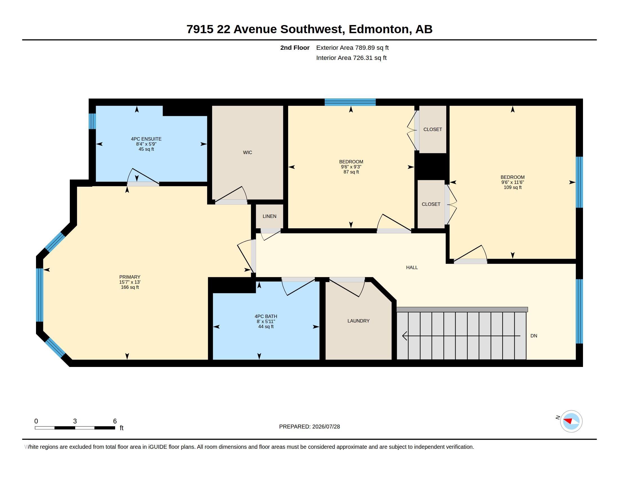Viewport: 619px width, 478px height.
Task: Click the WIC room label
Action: (x=247, y=152)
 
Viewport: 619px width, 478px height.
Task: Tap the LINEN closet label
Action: (x=269, y=216)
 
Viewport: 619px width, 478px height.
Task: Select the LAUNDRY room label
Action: (x=358, y=321)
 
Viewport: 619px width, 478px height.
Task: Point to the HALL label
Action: (x=412, y=267)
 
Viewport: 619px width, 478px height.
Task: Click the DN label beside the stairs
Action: (x=534, y=336)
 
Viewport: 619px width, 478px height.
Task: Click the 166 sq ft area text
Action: (x=130, y=287)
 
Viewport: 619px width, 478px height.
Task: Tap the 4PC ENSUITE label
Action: (x=146, y=139)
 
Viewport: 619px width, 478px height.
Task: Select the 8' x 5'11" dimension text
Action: (x=266, y=321)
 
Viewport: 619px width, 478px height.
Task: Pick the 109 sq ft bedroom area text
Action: (x=512, y=187)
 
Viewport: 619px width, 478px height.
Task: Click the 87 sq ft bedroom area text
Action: (x=351, y=172)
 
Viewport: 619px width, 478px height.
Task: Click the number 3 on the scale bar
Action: (x=75, y=421)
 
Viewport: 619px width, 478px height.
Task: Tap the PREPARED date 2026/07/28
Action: (x=326, y=427)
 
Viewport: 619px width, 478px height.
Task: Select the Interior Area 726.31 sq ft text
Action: (x=351, y=58)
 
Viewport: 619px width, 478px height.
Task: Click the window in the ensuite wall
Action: (x=92, y=121)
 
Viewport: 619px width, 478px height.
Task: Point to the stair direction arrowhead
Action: (x=405, y=336)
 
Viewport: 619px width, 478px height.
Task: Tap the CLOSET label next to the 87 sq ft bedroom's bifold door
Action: (x=432, y=129)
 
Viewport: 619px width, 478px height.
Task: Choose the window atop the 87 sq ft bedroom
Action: (x=350, y=102)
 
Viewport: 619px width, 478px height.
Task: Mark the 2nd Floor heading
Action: (x=295, y=48)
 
